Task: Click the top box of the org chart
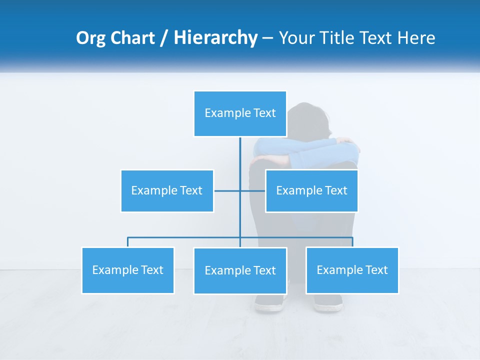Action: tap(240, 113)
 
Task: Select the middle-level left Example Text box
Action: tap(167, 190)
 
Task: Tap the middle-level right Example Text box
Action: tap(311, 190)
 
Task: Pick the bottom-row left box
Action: tap(128, 270)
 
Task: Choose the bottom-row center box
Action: tap(240, 270)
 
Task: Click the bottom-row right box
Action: tap(352, 270)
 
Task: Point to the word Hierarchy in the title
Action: tap(215, 38)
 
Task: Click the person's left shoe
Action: tap(268, 303)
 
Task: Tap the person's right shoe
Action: tap(328, 303)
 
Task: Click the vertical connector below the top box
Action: tap(240, 160)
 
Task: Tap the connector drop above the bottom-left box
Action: tap(128, 242)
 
